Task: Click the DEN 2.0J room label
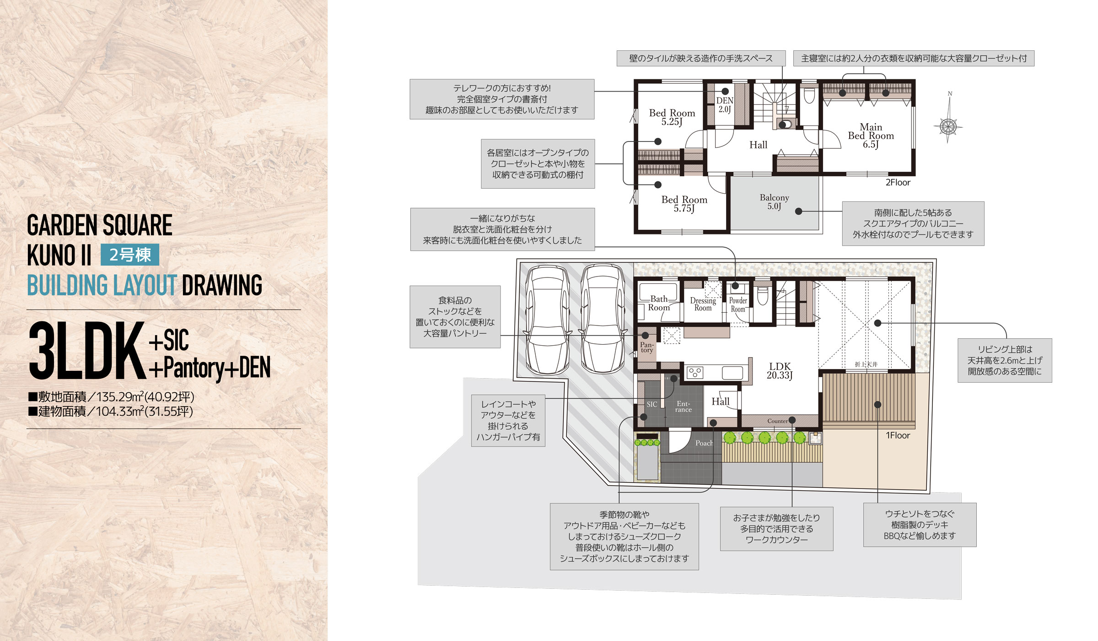coord(725,105)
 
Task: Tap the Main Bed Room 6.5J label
coord(871,136)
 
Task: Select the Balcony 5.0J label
coord(774,201)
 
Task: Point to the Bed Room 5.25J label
coord(672,117)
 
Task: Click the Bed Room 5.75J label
coord(684,204)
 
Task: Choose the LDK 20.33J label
coord(780,370)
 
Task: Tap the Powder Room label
coord(738,305)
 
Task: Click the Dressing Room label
coord(703,304)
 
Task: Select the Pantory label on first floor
coord(647,347)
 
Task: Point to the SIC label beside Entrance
coord(652,404)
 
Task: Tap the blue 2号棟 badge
coord(130,255)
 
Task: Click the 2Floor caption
coord(898,182)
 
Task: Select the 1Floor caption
coord(898,435)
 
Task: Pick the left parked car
coord(548,319)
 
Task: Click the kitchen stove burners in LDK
coord(695,373)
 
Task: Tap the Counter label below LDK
coord(777,421)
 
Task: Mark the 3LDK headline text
coord(87,351)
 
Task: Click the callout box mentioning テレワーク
coord(502,99)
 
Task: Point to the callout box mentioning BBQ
coord(920,525)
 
